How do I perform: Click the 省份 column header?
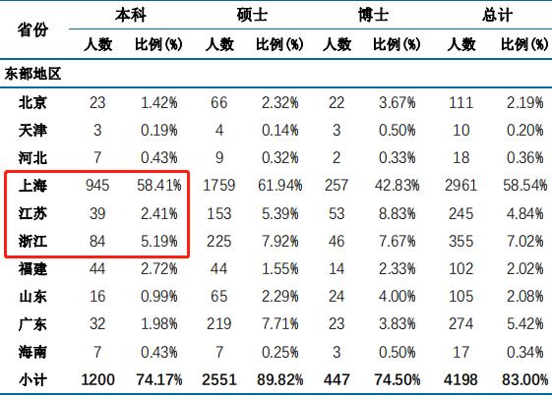(32, 29)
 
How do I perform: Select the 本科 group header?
(131, 15)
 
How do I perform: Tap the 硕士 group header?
(252, 15)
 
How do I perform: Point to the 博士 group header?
(373, 15)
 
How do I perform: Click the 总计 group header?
(497, 15)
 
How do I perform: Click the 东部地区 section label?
(32, 74)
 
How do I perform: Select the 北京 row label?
(32, 102)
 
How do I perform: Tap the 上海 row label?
(32, 186)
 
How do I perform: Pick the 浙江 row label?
(32, 241)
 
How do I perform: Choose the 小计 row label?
(32, 379)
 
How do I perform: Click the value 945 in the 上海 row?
(97, 186)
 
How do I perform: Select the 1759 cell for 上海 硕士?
(219, 186)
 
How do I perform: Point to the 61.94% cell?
(279, 186)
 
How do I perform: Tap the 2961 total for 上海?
(460, 186)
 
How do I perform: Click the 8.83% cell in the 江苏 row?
(398, 213)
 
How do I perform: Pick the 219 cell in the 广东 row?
(219, 324)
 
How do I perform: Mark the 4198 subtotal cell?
(460, 379)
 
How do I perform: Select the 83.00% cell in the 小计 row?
(524, 379)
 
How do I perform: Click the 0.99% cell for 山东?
(159, 296)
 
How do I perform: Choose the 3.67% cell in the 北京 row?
(398, 102)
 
